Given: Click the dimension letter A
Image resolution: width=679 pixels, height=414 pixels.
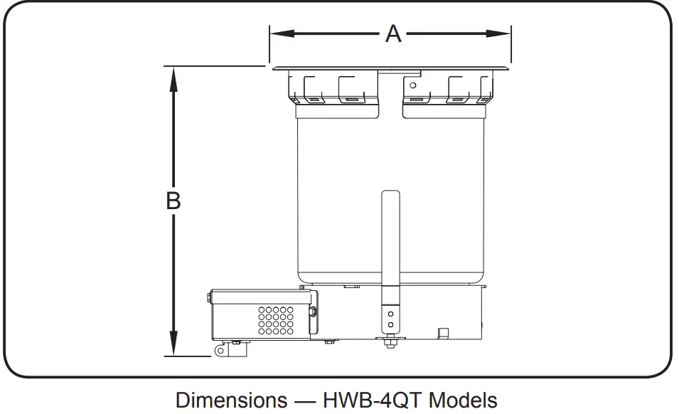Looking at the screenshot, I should [392, 33].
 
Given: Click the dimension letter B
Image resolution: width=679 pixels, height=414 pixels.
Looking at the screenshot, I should [173, 201].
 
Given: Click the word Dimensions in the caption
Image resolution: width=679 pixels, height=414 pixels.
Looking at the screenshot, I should [231, 399].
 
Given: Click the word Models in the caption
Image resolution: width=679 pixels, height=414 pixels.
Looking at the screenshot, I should [462, 399].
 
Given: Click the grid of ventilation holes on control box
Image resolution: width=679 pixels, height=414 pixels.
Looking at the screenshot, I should [277, 320].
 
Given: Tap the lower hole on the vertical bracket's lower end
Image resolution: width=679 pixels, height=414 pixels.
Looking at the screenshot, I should [390, 325].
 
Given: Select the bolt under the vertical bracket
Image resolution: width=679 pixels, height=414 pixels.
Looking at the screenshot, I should [390, 344].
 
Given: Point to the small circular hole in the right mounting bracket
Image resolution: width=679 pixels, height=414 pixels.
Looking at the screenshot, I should [413, 86].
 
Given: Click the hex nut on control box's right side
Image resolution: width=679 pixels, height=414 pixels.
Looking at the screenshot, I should [313, 311].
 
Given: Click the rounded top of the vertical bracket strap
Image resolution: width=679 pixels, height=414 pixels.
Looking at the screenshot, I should [391, 193].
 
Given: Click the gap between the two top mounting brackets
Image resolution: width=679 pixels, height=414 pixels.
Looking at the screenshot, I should [390, 92].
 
